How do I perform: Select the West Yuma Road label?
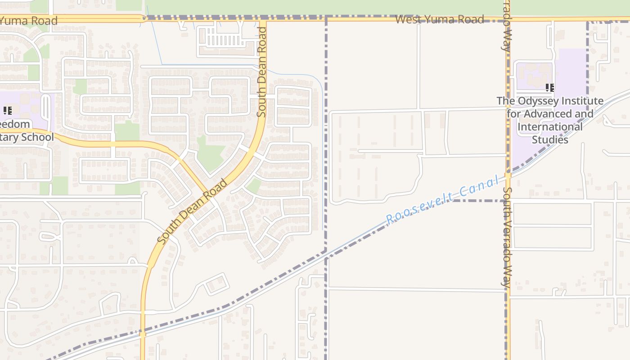pos(440,19)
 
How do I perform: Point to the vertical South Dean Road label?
pos(262,72)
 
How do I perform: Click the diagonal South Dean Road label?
pos(193,211)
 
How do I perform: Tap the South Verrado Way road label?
pos(507,238)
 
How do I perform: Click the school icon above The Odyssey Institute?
pos(549,87)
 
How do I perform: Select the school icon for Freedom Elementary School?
pos(7,110)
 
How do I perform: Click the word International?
pos(550,126)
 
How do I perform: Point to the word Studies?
pos(550,139)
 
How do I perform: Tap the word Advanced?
pos(546,114)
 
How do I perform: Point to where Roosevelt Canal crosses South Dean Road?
pos(142,333)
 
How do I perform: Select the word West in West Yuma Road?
pos(408,19)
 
